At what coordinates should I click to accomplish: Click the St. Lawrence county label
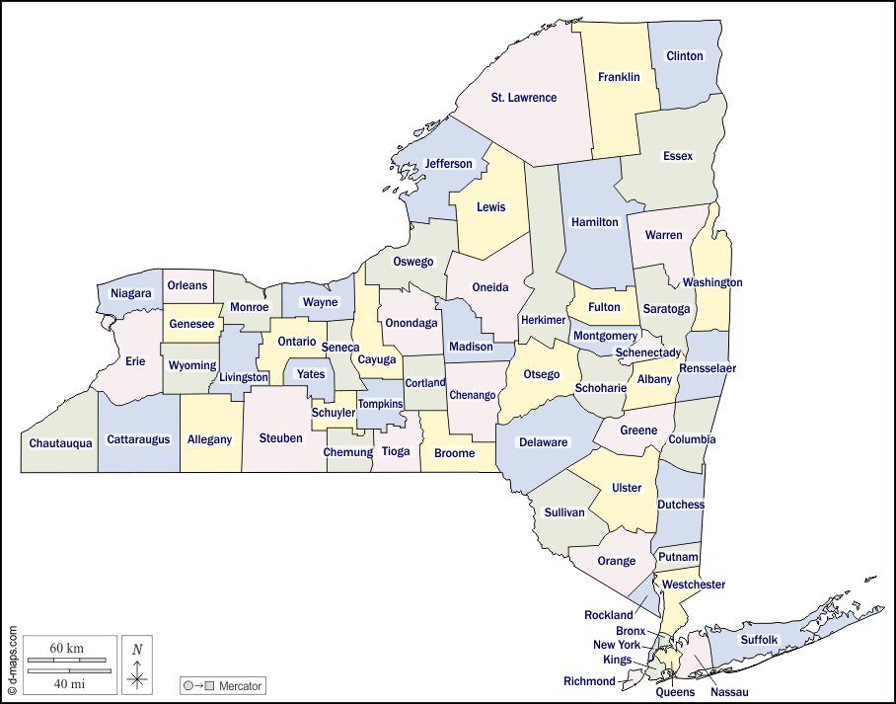524,98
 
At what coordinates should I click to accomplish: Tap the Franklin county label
619,77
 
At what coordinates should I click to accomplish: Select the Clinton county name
685,56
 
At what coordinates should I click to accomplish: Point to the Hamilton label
595,222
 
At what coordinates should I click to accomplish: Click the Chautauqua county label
60,443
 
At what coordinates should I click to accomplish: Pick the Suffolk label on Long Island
759,640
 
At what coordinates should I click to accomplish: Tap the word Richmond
589,681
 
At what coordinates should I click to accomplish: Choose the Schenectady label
648,352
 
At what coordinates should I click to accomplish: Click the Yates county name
311,374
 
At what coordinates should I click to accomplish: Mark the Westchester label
694,585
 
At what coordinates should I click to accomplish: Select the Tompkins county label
380,404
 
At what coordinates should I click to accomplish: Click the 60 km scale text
67,648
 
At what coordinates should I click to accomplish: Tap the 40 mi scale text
67,682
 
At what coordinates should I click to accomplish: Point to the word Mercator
240,685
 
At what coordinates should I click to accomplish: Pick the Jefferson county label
449,164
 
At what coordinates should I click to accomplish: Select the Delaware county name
544,442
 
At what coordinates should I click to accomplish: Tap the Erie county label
135,361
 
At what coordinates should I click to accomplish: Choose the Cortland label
425,383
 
